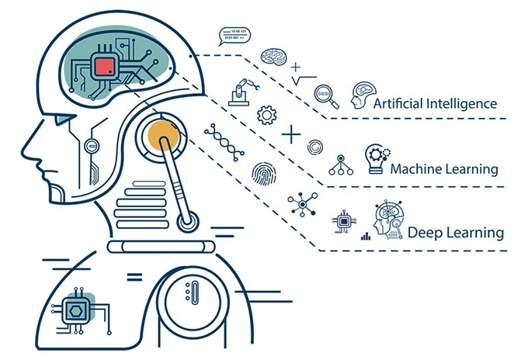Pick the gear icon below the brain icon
266,115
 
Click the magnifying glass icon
326,96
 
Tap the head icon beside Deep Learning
387,220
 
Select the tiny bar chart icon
365,234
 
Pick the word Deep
425,232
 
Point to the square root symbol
303,78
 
